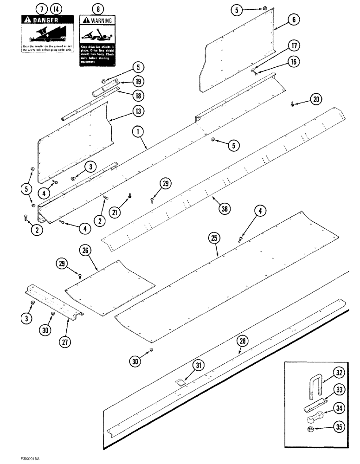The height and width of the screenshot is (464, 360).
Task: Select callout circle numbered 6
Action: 294,20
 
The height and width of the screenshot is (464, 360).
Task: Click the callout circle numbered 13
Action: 138,111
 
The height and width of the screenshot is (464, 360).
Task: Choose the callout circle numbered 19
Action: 138,81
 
